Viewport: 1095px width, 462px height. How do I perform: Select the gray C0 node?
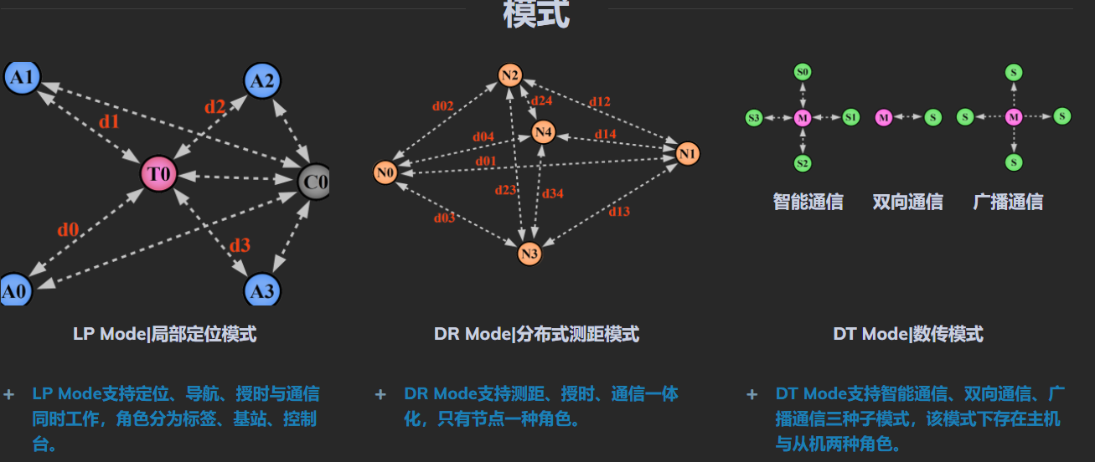click(314, 181)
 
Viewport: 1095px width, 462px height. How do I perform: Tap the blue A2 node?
click(262, 81)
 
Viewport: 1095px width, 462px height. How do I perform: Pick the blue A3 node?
click(262, 290)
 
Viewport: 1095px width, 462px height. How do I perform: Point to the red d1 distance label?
click(109, 121)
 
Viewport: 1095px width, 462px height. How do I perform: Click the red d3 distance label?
click(240, 245)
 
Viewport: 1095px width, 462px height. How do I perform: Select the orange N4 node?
click(544, 132)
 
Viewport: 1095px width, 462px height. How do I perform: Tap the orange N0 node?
click(385, 173)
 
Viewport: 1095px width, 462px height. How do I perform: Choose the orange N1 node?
click(687, 153)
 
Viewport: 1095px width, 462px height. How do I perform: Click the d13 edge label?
click(619, 212)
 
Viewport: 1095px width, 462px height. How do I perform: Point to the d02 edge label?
click(442, 106)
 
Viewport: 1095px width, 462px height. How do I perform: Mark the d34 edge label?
click(553, 194)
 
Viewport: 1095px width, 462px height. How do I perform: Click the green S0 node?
click(803, 73)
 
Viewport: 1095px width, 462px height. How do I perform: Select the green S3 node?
click(754, 118)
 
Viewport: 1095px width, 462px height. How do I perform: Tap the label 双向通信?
click(907, 202)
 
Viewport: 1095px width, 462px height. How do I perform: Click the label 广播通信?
click(1008, 202)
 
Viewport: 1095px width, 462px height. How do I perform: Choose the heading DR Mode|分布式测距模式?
click(536, 335)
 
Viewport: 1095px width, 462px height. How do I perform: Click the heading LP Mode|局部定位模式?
click(164, 335)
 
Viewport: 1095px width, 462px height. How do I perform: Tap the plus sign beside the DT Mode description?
click(752, 394)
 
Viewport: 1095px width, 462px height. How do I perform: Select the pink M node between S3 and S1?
click(803, 118)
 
